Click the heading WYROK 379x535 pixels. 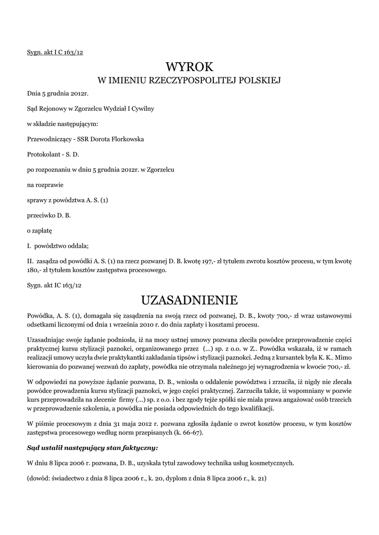point(189,66)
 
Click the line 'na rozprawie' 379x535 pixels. point(44,184)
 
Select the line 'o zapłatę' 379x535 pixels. point(40,230)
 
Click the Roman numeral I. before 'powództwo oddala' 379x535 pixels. point(29,246)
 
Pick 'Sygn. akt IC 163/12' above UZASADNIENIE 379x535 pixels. point(54,285)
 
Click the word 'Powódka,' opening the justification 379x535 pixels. point(41,316)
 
